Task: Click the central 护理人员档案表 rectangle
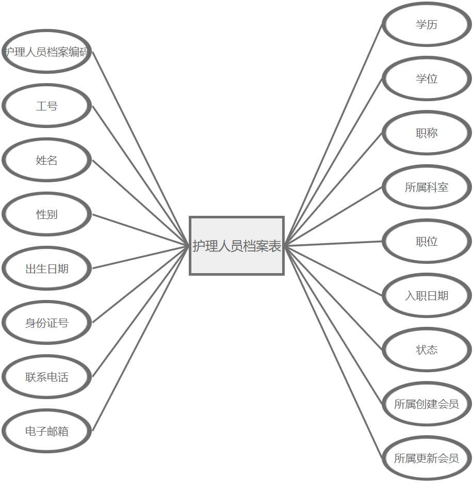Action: pos(237,246)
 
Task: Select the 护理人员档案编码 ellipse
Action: pos(46,52)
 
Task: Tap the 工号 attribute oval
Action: pos(46,106)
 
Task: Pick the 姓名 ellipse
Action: pos(46,160)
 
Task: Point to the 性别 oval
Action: pos(46,214)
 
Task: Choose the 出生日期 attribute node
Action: pos(46,268)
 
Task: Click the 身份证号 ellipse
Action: pos(46,323)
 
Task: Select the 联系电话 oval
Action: pos(46,377)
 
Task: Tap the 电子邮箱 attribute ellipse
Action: pos(46,431)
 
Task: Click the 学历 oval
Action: pos(427,24)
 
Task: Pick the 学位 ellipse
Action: pos(427,78)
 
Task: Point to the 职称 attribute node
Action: pos(427,133)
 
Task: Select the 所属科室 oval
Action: pos(427,187)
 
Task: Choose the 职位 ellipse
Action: pos(427,241)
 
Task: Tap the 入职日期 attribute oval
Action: pos(427,295)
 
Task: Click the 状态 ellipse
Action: pos(427,350)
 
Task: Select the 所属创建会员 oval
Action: pos(427,404)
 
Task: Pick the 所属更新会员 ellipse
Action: pos(427,458)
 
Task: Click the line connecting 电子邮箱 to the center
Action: pos(140,339)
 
